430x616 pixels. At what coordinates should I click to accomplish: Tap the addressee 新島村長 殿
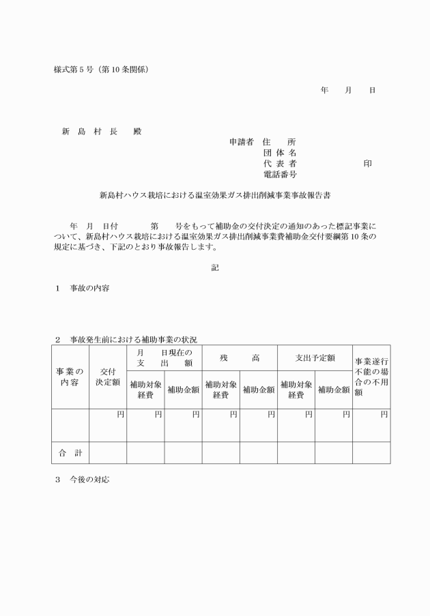click(x=101, y=131)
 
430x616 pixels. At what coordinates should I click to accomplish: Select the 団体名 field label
click(x=279, y=153)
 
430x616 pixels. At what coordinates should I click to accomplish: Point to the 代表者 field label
click(x=279, y=164)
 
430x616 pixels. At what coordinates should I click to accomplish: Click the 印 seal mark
click(x=367, y=164)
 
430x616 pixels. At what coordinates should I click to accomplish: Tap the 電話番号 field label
click(x=279, y=175)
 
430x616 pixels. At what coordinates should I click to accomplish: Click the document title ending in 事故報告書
click(x=215, y=194)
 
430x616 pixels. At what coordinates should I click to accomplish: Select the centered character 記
click(x=215, y=268)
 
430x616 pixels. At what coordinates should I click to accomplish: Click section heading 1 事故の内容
click(x=83, y=289)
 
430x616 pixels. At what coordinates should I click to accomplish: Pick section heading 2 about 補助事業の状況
click(x=126, y=339)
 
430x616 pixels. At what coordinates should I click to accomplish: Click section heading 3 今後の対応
click(x=83, y=480)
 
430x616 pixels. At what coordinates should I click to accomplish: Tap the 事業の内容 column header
click(x=70, y=377)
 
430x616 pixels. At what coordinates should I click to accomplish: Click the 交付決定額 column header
click(x=107, y=377)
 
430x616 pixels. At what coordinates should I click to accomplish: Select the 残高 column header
click(x=239, y=357)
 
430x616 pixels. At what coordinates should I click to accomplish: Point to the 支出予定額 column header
click(x=314, y=357)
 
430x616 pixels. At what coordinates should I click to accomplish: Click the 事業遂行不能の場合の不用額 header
click(x=371, y=377)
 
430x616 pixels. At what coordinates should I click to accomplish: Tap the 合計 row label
click(x=70, y=452)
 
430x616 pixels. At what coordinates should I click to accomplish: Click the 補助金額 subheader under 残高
click(x=258, y=390)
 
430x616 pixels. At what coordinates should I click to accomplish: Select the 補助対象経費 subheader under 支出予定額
click(x=296, y=390)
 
